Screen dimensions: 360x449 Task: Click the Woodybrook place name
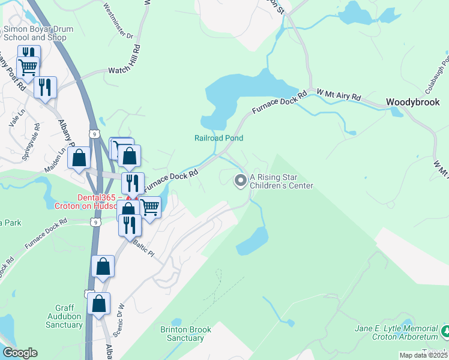point(414,103)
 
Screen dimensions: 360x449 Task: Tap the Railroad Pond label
point(218,138)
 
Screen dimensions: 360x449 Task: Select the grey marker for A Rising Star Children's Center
point(241,180)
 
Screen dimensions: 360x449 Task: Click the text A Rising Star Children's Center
point(282,181)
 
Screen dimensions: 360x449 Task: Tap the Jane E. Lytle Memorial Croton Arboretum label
point(396,333)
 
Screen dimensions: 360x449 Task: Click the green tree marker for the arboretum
point(445,331)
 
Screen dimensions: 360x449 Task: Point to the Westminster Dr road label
point(118,21)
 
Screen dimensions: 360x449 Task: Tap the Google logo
point(20,353)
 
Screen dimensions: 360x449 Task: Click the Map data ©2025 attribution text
point(423,355)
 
